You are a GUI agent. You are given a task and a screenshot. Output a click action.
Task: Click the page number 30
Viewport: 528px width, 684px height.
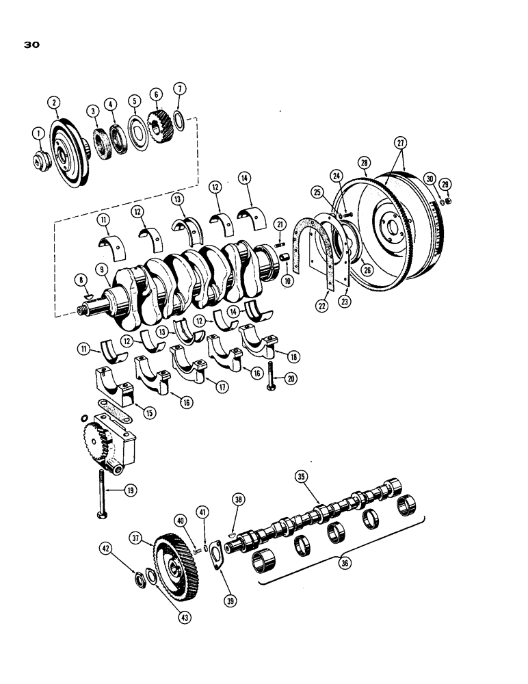coord(31,45)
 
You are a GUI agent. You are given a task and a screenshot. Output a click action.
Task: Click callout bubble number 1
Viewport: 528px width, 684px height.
coord(38,132)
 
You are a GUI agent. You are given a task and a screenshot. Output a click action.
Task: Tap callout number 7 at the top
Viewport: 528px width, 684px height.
coord(179,88)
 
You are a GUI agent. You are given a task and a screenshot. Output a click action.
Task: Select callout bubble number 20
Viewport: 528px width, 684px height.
coord(291,378)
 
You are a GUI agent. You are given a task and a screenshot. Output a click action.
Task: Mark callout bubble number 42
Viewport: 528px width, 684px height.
coord(106,548)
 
